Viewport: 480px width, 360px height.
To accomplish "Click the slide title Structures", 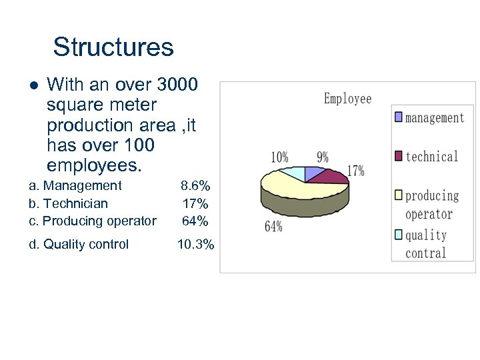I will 113,47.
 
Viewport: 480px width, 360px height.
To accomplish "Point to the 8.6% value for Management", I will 195,185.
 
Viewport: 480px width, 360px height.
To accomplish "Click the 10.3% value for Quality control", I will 195,245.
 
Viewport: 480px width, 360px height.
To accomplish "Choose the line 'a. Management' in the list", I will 75,185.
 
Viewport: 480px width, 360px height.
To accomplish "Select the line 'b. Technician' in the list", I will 68,203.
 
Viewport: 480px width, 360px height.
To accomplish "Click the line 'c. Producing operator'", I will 92,221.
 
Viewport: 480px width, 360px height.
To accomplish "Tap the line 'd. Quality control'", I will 79,245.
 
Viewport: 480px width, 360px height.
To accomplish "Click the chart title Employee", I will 347,99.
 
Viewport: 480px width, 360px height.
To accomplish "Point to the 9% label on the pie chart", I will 323,157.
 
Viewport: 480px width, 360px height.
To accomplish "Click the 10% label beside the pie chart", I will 279,157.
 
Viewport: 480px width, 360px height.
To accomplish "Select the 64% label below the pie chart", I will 273,227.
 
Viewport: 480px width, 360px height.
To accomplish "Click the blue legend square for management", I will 398,117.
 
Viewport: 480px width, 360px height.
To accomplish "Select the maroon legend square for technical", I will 398,156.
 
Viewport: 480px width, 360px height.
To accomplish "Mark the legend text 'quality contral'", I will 425,244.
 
